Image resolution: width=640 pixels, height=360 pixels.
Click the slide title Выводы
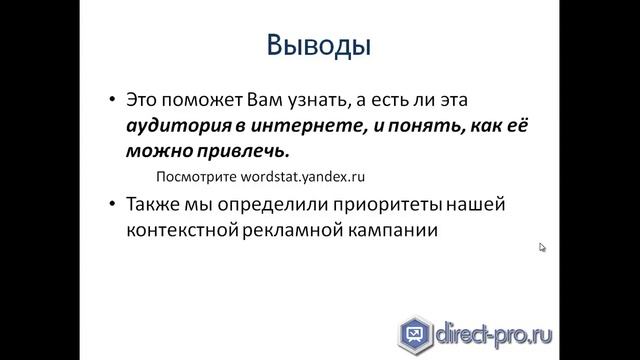click(x=320, y=46)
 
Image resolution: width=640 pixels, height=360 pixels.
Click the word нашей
click(x=483, y=205)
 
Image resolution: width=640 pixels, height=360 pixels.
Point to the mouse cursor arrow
click(x=543, y=247)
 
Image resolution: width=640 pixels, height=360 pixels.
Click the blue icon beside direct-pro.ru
click(x=412, y=331)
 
